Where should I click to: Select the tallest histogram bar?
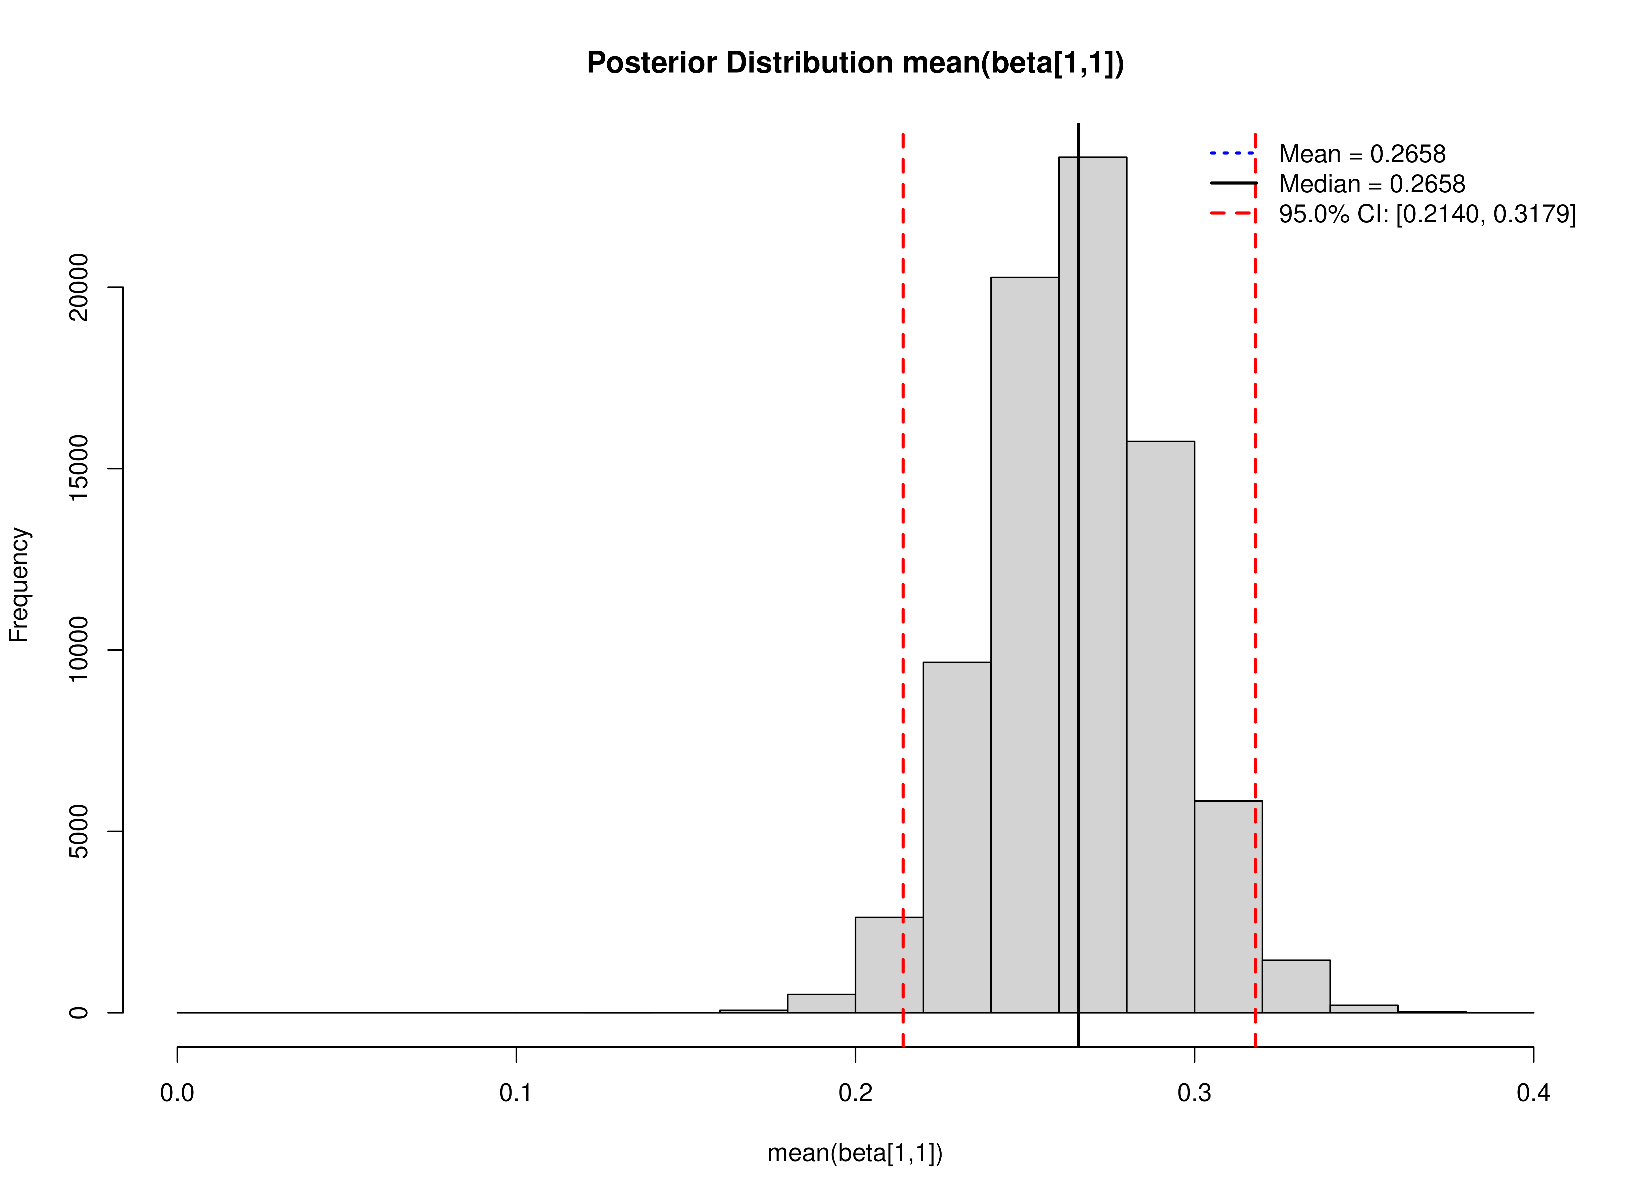(x=1103, y=582)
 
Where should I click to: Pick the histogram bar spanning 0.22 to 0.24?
(x=957, y=837)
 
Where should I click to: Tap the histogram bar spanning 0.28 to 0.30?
(x=1160, y=728)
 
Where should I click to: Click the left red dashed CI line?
(x=903, y=509)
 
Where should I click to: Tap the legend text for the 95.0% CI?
(x=1427, y=214)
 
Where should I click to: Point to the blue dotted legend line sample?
(x=1232, y=153)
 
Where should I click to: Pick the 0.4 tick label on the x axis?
(x=1533, y=1093)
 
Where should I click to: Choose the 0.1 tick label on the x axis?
(x=516, y=1093)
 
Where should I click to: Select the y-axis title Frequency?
(x=19, y=585)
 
